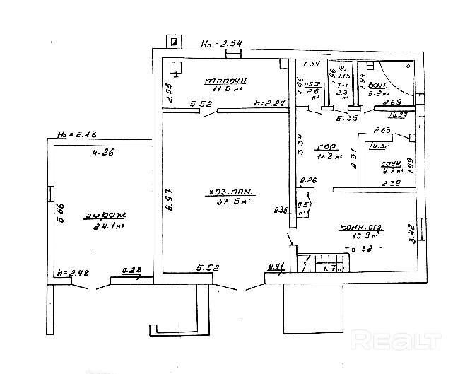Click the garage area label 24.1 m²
[108, 227]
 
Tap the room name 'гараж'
[107, 216]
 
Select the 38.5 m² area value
[234, 201]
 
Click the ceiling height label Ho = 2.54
[222, 44]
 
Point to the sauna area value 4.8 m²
[392, 170]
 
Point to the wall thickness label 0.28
[131, 269]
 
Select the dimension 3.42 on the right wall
[413, 233]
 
